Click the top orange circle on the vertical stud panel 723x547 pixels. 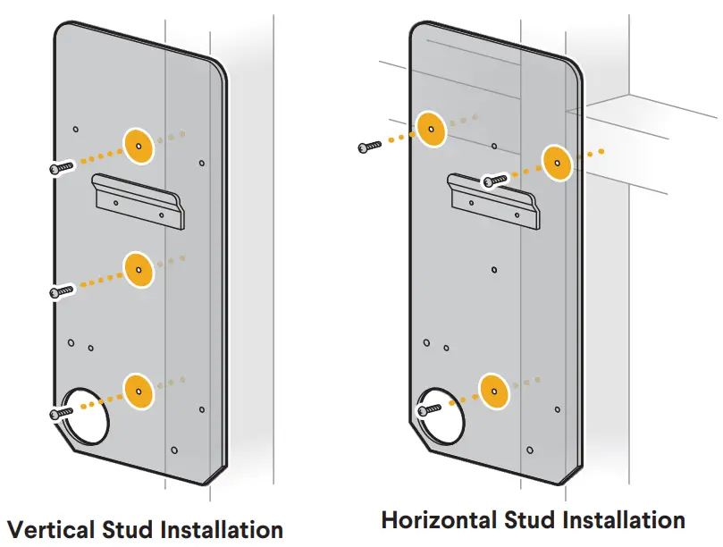click(x=139, y=146)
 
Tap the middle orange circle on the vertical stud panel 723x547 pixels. click(x=139, y=268)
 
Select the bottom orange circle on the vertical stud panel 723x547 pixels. click(x=139, y=391)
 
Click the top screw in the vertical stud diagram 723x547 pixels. click(x=61, y=166)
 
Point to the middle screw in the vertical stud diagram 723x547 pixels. click(x=61, y=290)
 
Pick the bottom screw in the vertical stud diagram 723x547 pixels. click(x=61, y=412)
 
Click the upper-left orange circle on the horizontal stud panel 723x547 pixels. click(x=431, y=130)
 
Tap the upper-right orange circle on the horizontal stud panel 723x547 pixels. click(x=557, y=163)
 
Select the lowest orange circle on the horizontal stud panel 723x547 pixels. click(x=492, y=390)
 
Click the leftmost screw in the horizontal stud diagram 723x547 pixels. click(x=369, y=146)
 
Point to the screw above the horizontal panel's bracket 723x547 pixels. click(x=494, y=181)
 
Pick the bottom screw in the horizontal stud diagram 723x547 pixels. click(x=430, y=408)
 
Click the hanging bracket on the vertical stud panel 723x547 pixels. click(x=140, y=203)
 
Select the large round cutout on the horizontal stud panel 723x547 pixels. click(x=444, y=415)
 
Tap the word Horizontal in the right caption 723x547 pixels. click(x=438, y=519)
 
